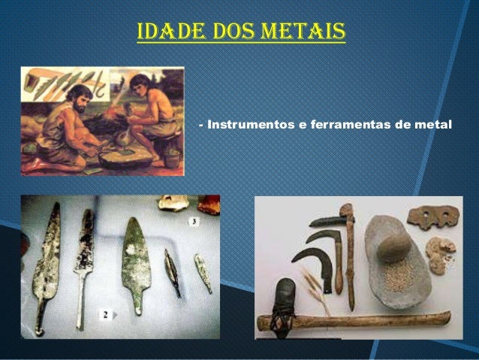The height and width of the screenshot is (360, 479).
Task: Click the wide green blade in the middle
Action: pos(137,259)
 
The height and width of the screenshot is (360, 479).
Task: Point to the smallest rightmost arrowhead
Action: pos(202,271)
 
